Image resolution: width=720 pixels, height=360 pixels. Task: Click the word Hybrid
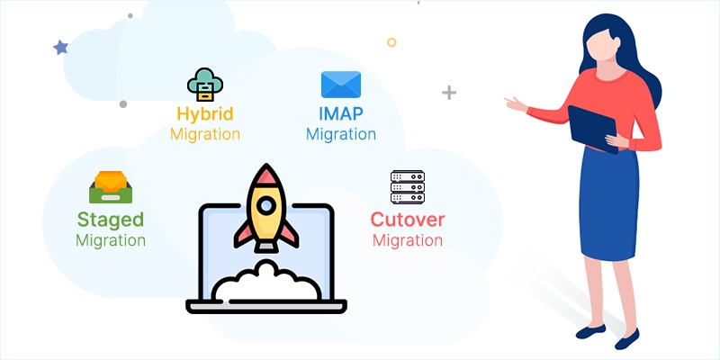[205, 114]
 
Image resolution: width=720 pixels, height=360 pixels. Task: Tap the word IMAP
[340, 114]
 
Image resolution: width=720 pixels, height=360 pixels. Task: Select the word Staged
[111, 220]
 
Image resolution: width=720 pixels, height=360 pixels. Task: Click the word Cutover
[408, 220]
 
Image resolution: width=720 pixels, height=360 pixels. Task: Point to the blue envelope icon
[340, 85]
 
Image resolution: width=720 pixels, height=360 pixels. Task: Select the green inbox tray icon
[111, 187]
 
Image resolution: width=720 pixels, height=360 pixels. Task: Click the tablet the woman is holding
[593, 126]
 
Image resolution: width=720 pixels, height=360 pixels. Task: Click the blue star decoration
[60, 47]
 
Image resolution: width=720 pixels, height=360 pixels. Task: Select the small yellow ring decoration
[391, 42]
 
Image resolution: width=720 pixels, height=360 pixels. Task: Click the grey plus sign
[449, 93]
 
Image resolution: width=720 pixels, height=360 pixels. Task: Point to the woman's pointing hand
[516, 105]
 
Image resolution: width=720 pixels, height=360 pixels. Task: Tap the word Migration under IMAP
[340, 134]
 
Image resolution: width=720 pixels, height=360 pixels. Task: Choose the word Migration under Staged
[111, 240]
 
